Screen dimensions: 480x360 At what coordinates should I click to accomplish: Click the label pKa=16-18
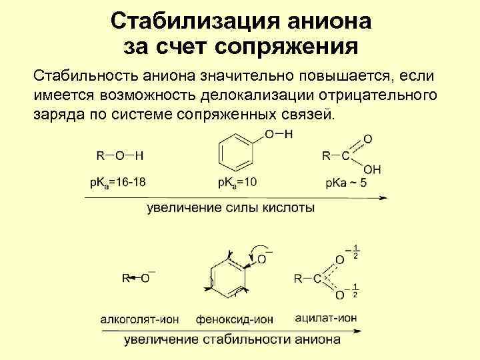point(118,183)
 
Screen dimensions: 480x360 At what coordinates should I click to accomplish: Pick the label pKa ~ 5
point(347,183)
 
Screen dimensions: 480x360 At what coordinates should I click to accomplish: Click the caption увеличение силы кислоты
point(231,208)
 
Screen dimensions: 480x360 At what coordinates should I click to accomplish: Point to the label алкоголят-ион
point(139,319)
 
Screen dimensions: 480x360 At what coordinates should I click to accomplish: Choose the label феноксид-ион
point(235,319)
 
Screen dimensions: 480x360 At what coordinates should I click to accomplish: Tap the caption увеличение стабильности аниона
point(231,340)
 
